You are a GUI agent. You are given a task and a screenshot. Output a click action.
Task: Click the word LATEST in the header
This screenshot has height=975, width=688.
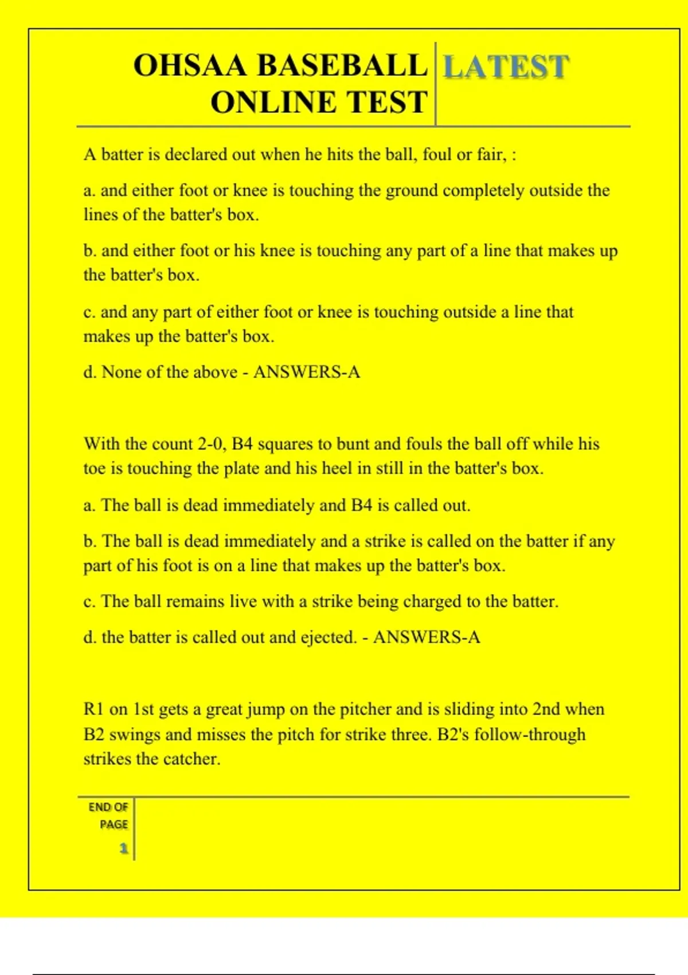[506, 67]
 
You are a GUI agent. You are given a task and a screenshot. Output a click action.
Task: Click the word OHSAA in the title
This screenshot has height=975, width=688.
[190, 65]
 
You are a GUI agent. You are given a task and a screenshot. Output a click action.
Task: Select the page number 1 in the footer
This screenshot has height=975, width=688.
[123, 848]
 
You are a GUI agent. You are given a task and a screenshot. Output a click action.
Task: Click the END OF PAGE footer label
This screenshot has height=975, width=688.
[108, 815]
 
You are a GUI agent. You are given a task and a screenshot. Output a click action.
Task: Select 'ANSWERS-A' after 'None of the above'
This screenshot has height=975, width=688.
[307, 372]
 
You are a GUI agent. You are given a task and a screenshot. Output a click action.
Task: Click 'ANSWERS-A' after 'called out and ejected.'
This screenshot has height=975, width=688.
[427, 637]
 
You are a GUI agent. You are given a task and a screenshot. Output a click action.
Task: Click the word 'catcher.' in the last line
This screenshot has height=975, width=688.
[192, 759]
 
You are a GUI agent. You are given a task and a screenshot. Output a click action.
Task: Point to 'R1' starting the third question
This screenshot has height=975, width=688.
[93, 709]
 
